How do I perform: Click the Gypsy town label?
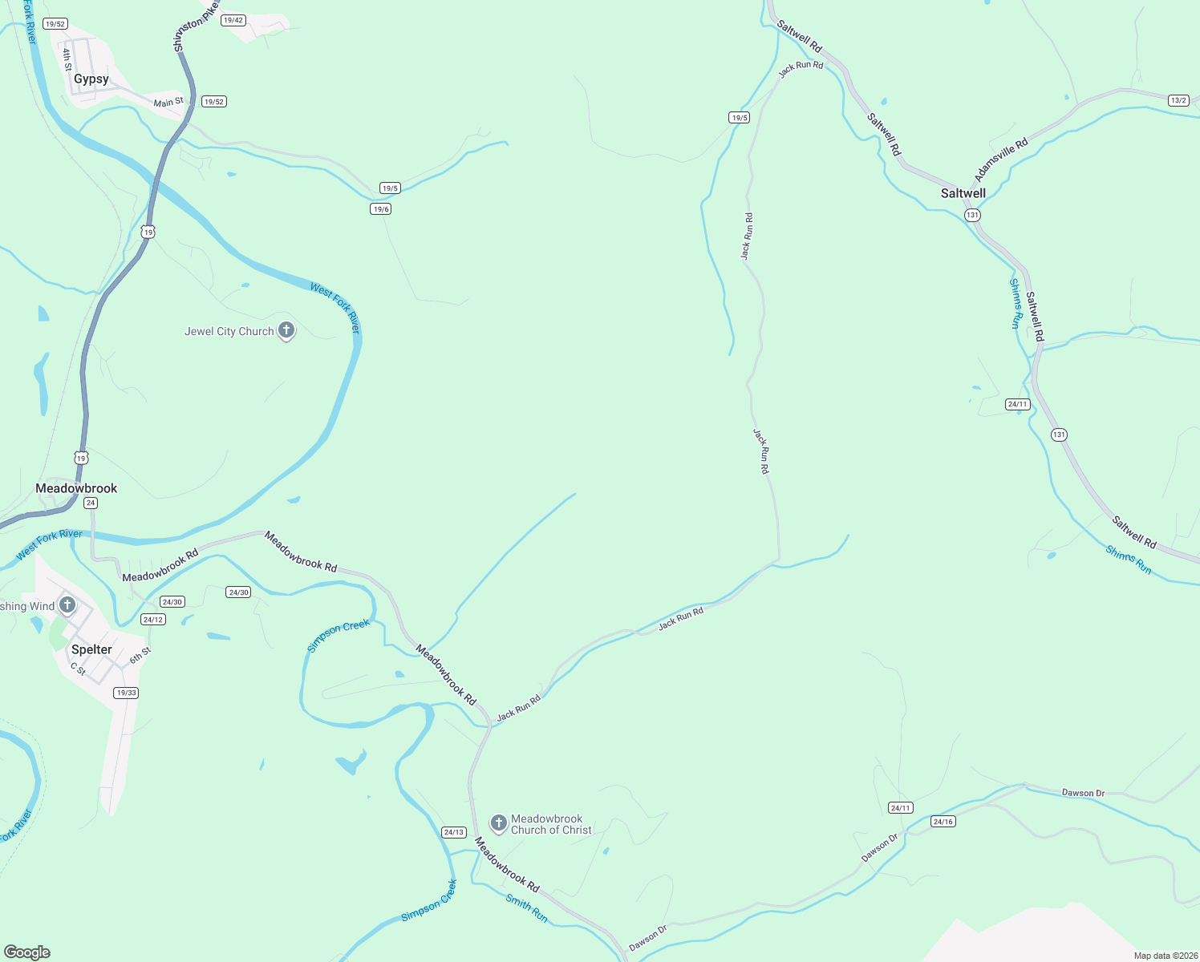[x=91, y=79]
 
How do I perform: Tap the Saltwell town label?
[x=963, y=193]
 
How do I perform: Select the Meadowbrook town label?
[x=76, y=488]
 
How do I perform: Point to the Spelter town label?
[x=91, y=649]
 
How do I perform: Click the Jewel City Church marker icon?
[x=286, y=330]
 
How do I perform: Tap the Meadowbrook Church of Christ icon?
[x=498, y=823]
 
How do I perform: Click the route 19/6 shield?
[x=381, y=209]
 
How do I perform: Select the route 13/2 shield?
[x=1178, y=100]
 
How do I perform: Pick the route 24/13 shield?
[x=454, y=832]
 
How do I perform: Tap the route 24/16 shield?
[x=943, y=822]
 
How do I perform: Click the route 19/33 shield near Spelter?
[x=126, y=693]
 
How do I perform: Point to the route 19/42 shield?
[x=233, y=20]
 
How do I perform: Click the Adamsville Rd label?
[x=1000, y=160]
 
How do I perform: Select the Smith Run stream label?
[x=527, y=907]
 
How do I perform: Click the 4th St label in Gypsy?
[x=67, y=59]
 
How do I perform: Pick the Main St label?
[x=168, y=103]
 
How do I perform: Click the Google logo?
[x=26, y=952]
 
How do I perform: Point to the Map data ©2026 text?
[x=1166, y=956]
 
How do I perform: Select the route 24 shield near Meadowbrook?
[x=91, y=503]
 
